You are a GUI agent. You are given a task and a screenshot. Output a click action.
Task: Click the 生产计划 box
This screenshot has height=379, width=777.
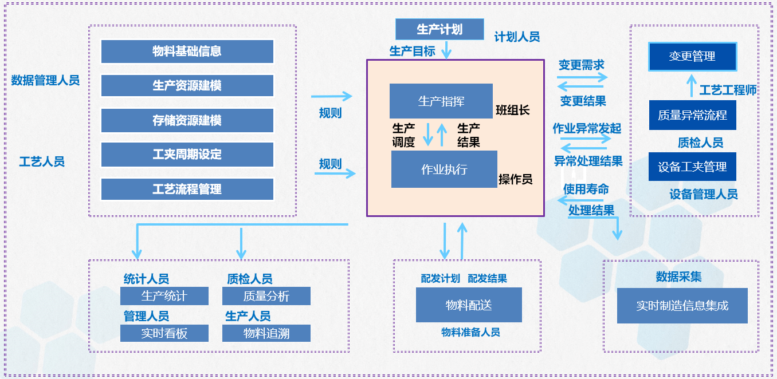pyautogui.click(x=439, y=29)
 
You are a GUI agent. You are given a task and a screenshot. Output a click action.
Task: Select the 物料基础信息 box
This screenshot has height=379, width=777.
pyautogui.click(x=187, y=52)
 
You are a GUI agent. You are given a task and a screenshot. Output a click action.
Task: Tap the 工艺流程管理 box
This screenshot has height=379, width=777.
pyautogui.click(x=187, y=189)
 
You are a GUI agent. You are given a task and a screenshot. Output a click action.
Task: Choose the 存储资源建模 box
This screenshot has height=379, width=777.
pyautogui.click(x=187, y=120)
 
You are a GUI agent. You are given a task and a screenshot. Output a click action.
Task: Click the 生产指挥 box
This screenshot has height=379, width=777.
pyautogui.click(x=441, y=101)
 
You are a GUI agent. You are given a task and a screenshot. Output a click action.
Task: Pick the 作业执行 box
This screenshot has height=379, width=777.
pyautogui.click(x=444, y=169)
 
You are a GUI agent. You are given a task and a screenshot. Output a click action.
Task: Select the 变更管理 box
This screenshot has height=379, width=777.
pyautogui.click(x=692, y=57)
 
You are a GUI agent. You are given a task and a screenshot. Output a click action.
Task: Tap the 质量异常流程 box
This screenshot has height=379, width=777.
pyautogui.click(x=692, y=115)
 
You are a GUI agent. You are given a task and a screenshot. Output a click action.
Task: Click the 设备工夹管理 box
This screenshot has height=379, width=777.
pyautogui.click(x=692, y=167)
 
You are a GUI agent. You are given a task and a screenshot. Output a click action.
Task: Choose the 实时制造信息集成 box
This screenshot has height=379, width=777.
pyautogui.click(x=682, y=306)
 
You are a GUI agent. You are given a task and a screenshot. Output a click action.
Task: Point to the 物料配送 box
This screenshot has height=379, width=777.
pyautogui.click(x=469, y=305)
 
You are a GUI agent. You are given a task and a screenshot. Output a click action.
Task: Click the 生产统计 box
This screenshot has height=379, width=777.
pyautogui.click(x=164, y=296)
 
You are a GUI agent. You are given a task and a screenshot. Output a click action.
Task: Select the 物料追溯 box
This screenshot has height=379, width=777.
pyautogui.click(x=266, y=333)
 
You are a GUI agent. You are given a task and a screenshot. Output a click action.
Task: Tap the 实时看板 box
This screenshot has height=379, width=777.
pyautogui.click(x=164, y=333)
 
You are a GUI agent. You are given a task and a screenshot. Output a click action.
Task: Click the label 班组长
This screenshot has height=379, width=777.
pyautogui.click(x=512, y=110)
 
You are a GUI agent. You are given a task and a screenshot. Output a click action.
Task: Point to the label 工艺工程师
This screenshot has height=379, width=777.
pyautogui.click(x=728, y=90)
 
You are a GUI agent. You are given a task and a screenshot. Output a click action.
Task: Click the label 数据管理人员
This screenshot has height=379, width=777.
pyautogui.click(x=45, y=80)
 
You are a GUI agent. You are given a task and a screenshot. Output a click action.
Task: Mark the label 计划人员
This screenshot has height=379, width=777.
pyautogui.click(x=517, y=37)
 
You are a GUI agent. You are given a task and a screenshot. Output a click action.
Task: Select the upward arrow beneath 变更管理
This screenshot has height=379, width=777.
pyautogui.click(x=692, y=86)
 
